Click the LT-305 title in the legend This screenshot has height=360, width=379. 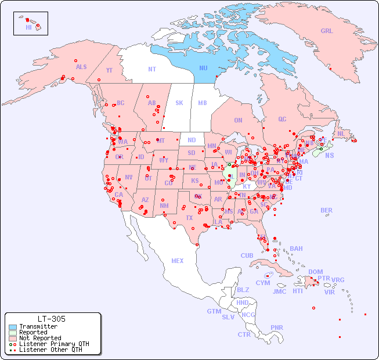pos(52,319)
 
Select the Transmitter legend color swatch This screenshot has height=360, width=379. pos(12,327)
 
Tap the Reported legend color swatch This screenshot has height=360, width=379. pos(12,333)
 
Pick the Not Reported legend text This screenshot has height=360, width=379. pos(40,339)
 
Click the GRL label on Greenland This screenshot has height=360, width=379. pos(327,31)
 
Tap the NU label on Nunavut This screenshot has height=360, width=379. pos(203,68)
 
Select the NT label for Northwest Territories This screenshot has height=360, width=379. pos(151,69)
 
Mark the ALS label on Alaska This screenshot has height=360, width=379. pos(81,67)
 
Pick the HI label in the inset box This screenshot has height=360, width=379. pos(28,27)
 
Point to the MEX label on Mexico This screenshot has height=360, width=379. pos(178,261)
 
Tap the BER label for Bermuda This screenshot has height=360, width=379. pos(327,210)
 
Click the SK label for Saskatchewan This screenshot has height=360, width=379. pos(179,103)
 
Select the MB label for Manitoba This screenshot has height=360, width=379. pos(203,103)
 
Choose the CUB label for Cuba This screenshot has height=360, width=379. pos(247,255)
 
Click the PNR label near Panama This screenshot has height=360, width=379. pos(277,327)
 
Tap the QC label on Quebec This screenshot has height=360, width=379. pos(282,119)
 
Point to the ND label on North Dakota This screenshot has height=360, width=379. pos(192,140)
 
